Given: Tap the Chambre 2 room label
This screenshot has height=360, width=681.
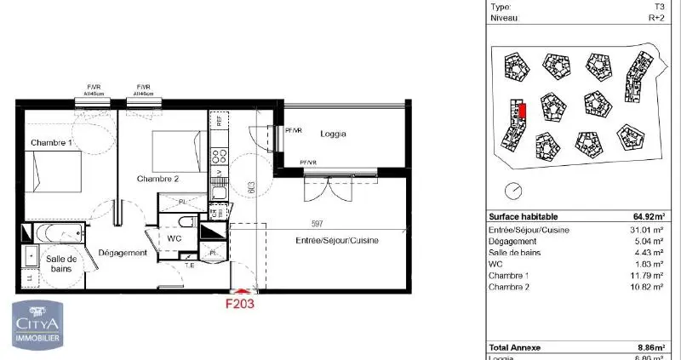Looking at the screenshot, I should [x=157, y=179].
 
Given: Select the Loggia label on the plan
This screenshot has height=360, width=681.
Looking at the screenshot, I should [x=333, y=134].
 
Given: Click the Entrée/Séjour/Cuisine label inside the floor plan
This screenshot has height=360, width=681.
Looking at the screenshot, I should [x=338, y=241].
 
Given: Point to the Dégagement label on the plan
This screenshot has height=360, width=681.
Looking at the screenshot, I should [x=123, y=253].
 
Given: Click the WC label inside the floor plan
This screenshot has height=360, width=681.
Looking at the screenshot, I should [x=175, y=239].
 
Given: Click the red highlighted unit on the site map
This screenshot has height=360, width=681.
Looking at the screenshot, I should [x=524, y=111].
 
